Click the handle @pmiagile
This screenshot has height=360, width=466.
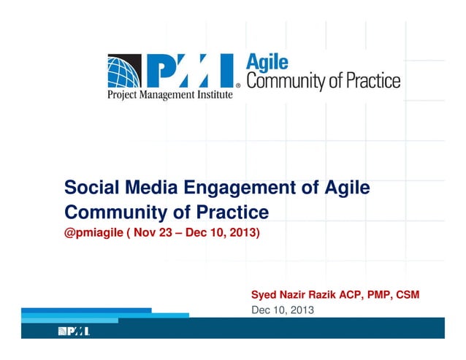(93, 234)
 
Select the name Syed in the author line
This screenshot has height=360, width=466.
(265, 296)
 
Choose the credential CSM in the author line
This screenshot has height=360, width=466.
(405, 296)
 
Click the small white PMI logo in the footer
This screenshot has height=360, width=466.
(75, 332)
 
